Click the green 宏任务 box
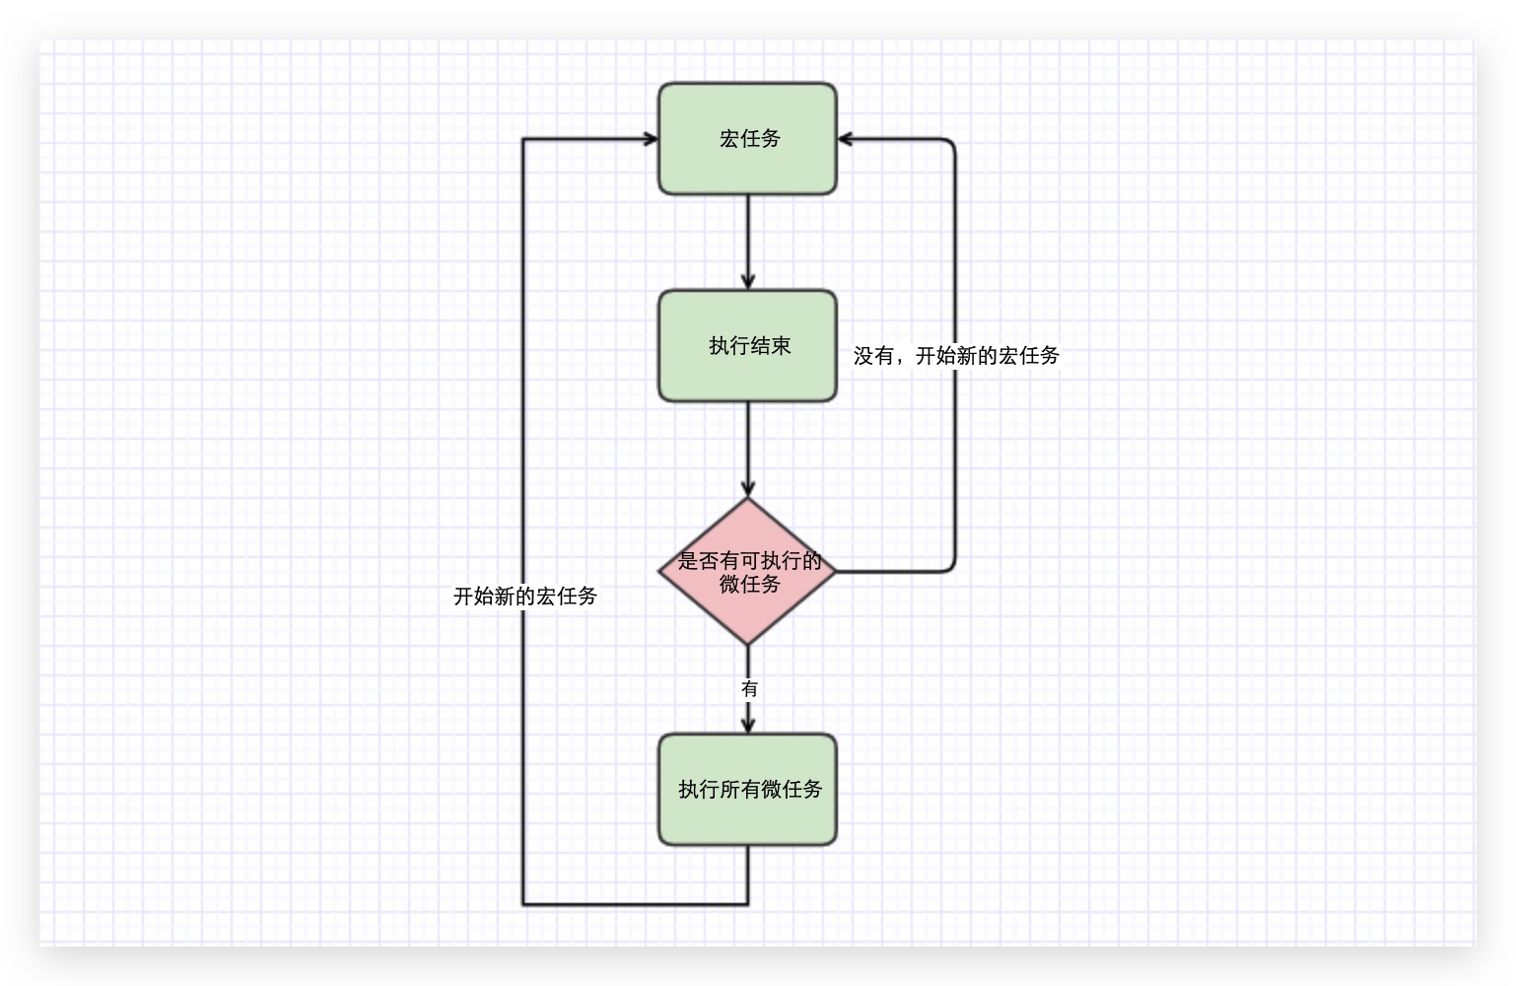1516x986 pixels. tap(747, 139)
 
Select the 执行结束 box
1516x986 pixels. tap(747, 346)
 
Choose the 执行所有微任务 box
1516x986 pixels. tap(747, 789)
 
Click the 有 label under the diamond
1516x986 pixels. tap(749, 688)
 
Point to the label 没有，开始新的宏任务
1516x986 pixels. tap(956, 355)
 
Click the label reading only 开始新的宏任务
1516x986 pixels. tap(524, 596)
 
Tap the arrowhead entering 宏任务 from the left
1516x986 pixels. tap(651, 139)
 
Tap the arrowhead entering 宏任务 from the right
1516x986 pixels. tap(845, 139)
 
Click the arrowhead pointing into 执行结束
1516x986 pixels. tap(747, 282)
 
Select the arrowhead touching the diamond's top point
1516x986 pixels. tap(747, 489)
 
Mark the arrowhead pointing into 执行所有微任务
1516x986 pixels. tap(747, 726)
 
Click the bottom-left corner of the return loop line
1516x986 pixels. tap(523, 903)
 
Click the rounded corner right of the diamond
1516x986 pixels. tap(952, 568)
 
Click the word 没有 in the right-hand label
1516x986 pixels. tap(873, 355)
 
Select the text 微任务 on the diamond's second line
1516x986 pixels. tap(749, 585)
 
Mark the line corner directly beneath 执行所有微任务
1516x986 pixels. tap(747, 903)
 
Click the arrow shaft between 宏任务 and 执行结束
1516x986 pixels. tap(747, 237)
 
